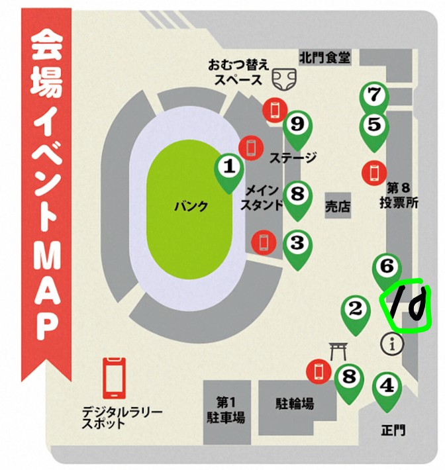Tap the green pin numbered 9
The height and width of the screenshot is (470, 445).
point(297,124)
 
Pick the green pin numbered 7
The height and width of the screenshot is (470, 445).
point(374,96)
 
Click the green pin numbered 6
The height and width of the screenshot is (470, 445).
point(387,267)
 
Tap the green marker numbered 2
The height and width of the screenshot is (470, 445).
point(356,309)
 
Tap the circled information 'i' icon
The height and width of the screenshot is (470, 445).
point(395,344)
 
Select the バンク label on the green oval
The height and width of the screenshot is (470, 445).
point(190,207)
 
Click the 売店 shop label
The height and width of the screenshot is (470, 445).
point(338,207)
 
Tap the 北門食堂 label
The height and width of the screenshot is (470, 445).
point(324,58)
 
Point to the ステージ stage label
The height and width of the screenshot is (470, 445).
point(293,158)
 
